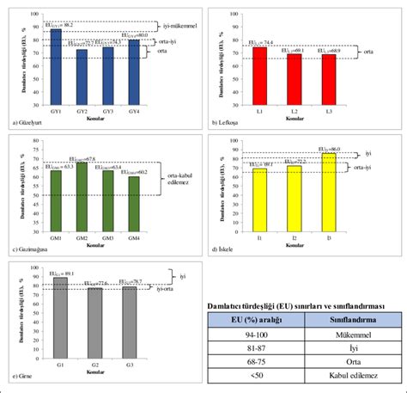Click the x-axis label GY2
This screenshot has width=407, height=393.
82,112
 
